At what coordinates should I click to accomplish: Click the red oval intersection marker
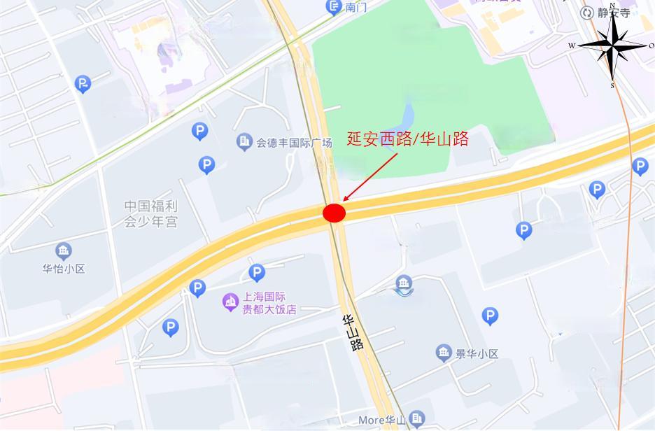(x=334, y=213)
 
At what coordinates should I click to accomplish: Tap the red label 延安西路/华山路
(x=408, y=139)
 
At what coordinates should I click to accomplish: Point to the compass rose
(x=612, y=45)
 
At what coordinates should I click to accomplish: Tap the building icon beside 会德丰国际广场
(x=244, y=142)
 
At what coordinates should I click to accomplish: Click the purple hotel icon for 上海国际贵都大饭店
(x=230, y=302)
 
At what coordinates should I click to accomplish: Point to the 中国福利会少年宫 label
(x=151, y=214)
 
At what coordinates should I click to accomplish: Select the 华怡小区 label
(x=64, y=269)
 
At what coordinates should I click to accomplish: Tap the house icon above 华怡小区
(x=64, y=251)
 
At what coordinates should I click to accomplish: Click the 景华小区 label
(x=476, y=354)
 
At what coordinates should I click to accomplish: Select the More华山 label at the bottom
(x=382, y=421)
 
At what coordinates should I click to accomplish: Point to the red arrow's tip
(x=344, y=202)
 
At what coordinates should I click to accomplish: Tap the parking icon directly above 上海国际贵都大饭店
(x=257, y=272)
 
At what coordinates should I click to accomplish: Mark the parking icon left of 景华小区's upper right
(x=491, y=317)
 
